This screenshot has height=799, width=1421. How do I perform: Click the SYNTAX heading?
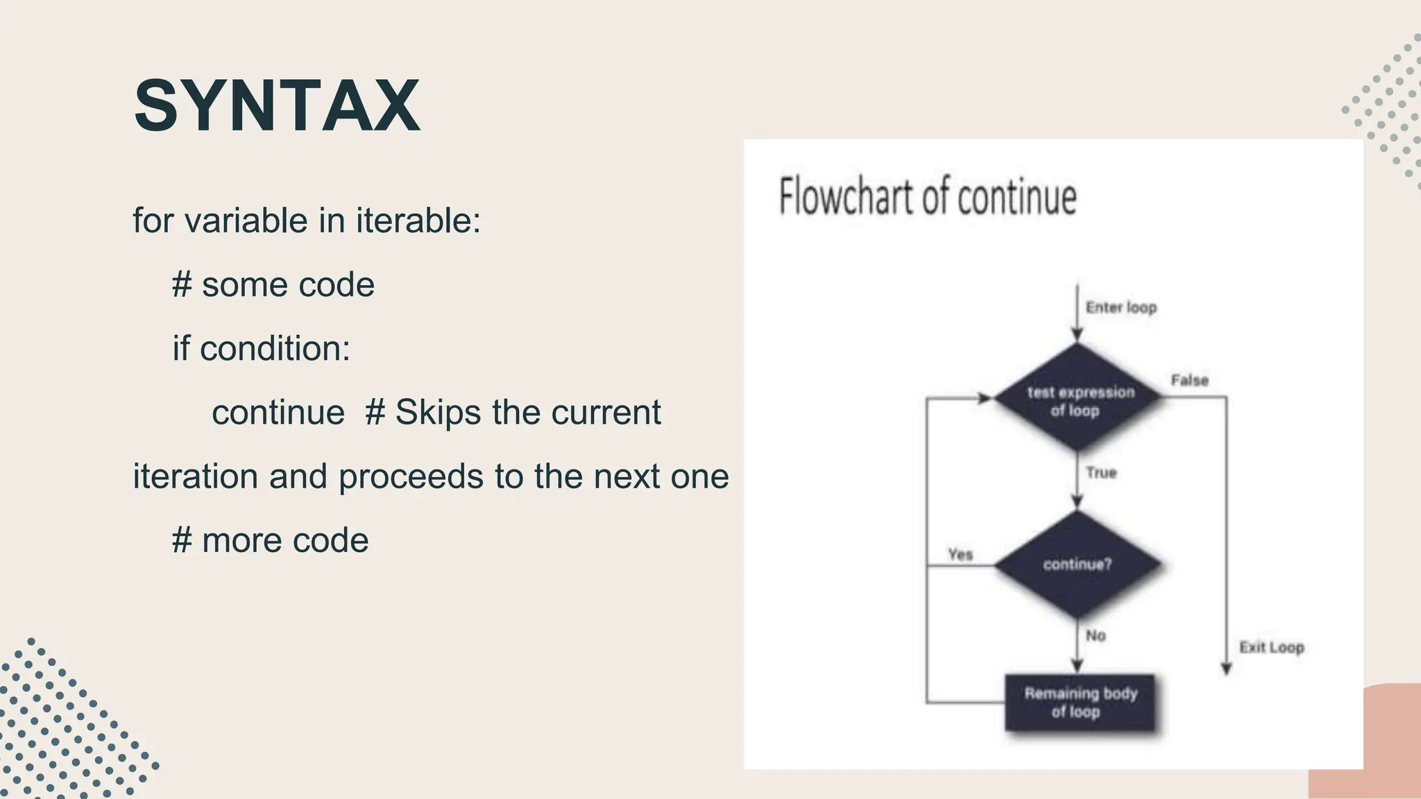tap(277, 105)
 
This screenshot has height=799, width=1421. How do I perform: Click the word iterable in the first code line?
tap(418, 221)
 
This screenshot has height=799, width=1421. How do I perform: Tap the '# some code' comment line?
tap(273, 285)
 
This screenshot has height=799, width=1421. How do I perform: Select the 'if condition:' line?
tap(262, 349)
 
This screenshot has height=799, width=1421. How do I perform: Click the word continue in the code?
tap(278, 413)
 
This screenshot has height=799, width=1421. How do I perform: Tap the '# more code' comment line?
tap(271, 541)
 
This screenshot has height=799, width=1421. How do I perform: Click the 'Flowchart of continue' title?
tap(927, 197)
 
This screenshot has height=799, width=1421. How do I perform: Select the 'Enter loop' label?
tap(1121, 307)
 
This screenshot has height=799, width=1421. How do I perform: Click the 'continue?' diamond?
tap(1078, 565)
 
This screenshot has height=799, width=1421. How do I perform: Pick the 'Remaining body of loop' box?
tap(1080, 702)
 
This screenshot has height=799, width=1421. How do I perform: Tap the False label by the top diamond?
tap(1189, 380)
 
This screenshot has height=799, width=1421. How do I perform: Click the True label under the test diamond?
tap(1101, 473)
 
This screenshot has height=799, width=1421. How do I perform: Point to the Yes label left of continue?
tap(960, 554)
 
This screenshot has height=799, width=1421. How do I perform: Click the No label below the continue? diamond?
tap(1095, 635)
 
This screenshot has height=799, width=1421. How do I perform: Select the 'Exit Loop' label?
tap(1271, 647)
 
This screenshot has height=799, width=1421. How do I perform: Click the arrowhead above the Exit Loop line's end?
tap(1226, 669)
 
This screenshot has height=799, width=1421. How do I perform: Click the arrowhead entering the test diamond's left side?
tap(984, 398)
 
